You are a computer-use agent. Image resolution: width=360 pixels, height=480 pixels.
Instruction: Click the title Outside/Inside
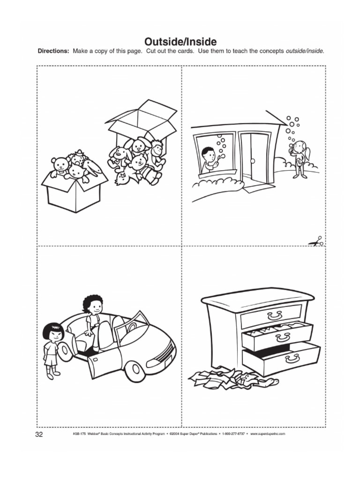coord(180,43)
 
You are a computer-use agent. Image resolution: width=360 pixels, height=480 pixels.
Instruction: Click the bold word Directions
coord(53,51)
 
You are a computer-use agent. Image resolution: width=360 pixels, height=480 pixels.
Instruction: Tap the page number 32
coord(39,435)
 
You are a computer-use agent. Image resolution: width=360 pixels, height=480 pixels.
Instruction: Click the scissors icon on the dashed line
coord(316,242)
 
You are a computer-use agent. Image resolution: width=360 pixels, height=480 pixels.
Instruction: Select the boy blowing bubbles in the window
coord(209,158)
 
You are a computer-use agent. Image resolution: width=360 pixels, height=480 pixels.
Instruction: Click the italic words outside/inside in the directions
coord(305,51)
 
